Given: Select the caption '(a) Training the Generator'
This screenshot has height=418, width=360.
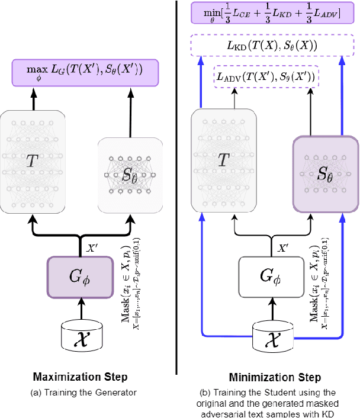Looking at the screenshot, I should coord(82,392).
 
